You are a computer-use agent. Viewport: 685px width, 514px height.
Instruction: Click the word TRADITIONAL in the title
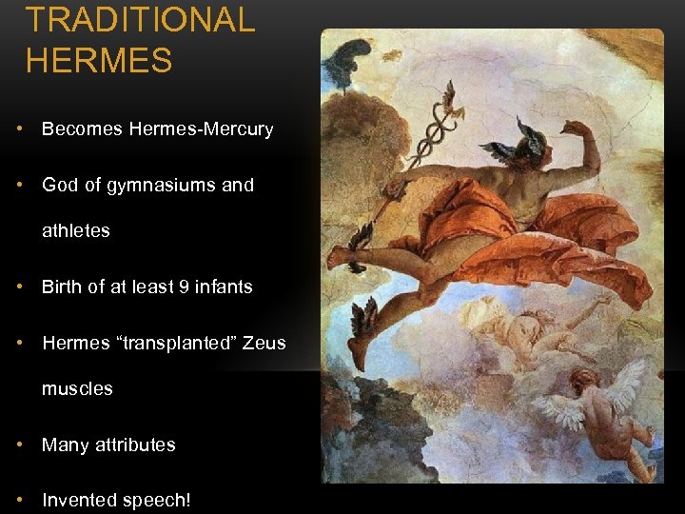[140, 19]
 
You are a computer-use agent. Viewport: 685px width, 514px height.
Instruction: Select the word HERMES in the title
[99, 61]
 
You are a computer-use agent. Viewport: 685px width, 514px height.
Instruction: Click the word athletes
[76, 230]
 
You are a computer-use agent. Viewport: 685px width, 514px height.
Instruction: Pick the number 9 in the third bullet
[185, 287]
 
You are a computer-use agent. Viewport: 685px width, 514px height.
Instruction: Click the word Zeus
[264, 343]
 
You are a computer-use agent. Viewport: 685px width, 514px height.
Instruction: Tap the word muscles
[77, 388]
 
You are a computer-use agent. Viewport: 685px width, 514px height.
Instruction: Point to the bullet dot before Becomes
[20, 129]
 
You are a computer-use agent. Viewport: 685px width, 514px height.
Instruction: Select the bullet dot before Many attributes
[20, 445]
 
